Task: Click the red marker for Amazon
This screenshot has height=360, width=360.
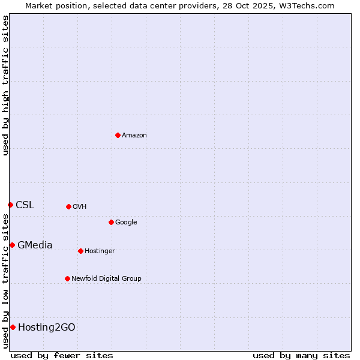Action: click(x=118, y=135)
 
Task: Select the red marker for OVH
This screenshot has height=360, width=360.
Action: click(x=68, y=206)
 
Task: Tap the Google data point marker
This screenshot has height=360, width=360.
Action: click(x=111, y=222)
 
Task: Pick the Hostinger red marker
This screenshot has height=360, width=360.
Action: click(x=80, y=251)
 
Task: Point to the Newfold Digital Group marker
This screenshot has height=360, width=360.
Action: click(x=67, y=278)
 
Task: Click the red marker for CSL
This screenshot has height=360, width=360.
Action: click(x=10, y=205)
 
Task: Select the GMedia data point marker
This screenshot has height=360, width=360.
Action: click(x=12, y=245)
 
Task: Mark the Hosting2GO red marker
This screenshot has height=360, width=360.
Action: click(x=13, y=327)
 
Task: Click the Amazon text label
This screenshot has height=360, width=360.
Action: click(x=134, y=136)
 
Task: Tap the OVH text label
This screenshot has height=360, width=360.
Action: click(x=80, y=207)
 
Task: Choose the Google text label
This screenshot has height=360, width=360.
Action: click(x=126, y=223)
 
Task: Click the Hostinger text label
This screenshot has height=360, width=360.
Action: click(x=100, y=251)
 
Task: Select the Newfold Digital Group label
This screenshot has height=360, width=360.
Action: click(x=106, y=279)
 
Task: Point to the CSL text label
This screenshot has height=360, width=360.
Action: click(x=25, y=205)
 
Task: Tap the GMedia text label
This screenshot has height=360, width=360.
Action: click(x=35, y=245)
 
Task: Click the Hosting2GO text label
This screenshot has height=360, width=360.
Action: click(x=47, y=328)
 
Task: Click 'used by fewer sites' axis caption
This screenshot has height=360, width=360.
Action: click(x=62, y=355)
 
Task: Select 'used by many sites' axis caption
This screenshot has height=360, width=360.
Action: click(x=301, y=355)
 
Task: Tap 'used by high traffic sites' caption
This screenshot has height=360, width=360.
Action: click(x=6, y=85)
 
